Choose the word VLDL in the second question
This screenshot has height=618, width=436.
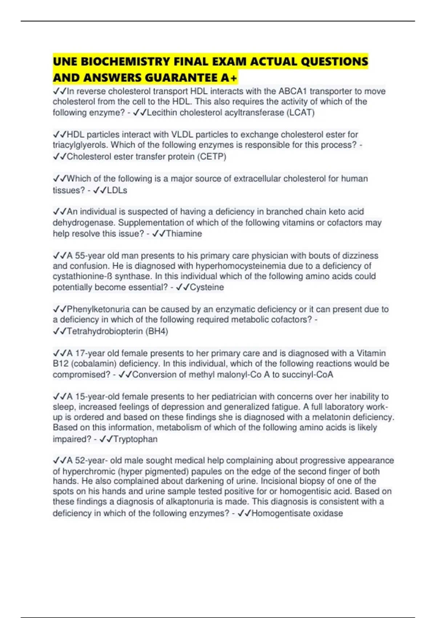181,135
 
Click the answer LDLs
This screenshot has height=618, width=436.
117,190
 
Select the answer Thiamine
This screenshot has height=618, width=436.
184,234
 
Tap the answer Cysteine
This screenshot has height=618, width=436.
207,287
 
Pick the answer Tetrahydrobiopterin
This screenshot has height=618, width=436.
105,331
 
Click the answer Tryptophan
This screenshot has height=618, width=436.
136,439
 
